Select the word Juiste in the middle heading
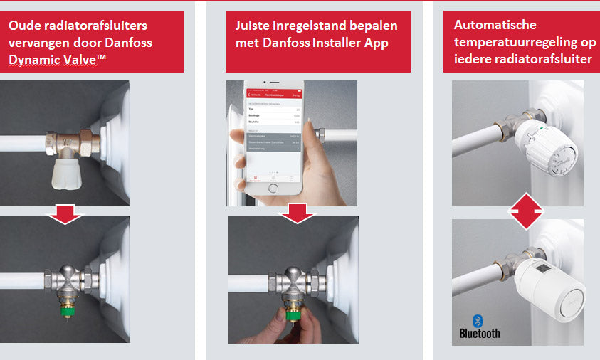click(253, 26)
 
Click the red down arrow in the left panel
click(65, 212)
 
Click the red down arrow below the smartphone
click(298, 211)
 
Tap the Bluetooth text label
click(480, 333)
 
